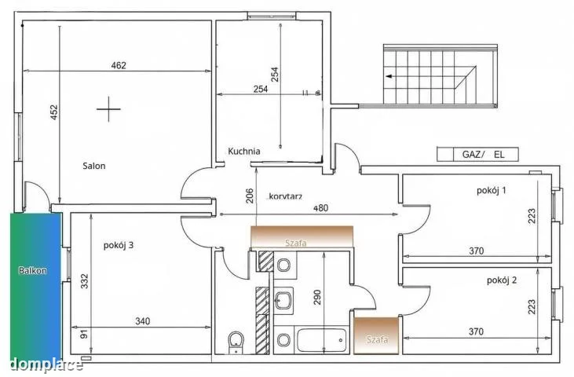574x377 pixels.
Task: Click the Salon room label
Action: point(94,166)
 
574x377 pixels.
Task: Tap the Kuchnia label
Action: point(244,151)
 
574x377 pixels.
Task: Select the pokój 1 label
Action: point(492,190)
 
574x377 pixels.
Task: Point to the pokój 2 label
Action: point(502,280)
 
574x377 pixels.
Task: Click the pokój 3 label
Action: point(119,245)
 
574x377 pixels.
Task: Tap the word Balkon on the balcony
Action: point(32,271)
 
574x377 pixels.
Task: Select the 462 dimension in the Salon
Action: point(119,65)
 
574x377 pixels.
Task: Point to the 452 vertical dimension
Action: point(54,113)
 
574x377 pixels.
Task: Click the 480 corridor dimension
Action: point(321,208)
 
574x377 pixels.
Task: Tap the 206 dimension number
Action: point(249,196)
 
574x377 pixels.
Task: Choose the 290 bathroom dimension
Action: point(317,297)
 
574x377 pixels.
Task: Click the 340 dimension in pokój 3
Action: point(142,321)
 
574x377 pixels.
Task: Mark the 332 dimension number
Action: point(85,281)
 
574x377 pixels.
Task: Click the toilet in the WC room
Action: point(236,343)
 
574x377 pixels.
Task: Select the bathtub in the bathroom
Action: point(322,340)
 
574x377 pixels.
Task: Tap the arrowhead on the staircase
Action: point(389,76)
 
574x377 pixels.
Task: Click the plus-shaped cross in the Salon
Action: point(108,109)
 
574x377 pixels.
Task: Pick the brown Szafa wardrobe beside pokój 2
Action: point(376,335)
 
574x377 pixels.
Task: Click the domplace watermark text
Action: point(46,364)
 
